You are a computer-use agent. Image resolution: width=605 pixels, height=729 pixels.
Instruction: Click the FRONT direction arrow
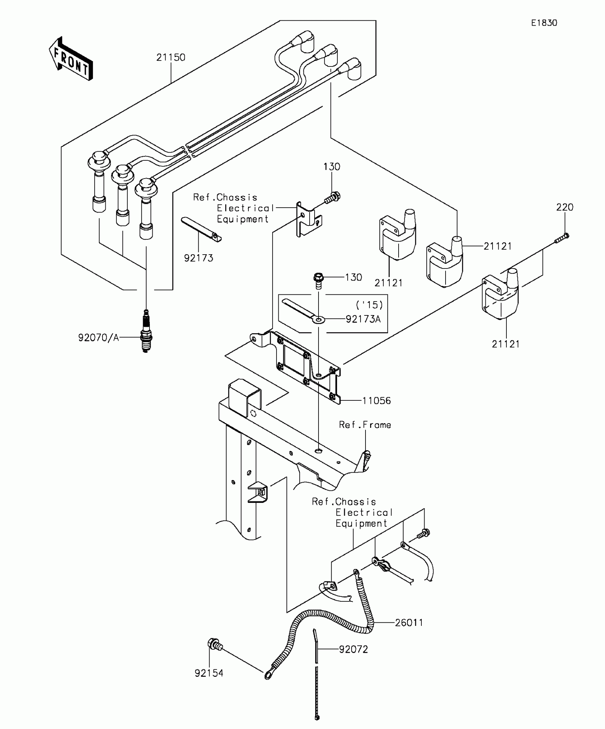coord(71,59)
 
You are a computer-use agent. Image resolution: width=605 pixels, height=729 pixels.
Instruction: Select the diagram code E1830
coord(544,23)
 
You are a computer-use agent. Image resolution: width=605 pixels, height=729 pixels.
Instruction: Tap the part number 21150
coord(171,58)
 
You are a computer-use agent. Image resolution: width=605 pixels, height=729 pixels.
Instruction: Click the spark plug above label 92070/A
coord(146,331)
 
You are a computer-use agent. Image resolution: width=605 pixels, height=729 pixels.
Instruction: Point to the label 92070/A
coord(99,338)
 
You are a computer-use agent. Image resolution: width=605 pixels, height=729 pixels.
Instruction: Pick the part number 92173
coord(199,258)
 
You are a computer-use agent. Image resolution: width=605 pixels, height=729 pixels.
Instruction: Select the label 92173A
coord(363,319)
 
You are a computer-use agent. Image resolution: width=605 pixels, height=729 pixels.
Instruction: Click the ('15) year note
coord(369,305)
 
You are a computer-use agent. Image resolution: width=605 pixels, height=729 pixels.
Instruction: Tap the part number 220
coord(565,207)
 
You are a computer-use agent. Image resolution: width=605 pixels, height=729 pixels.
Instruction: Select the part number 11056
coord(377,401)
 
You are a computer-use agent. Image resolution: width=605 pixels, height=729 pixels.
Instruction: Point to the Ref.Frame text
coord(365,425)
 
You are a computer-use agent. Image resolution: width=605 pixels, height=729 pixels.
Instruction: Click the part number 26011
coord(409,623)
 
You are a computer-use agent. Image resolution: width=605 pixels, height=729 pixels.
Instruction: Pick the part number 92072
coord(353,649)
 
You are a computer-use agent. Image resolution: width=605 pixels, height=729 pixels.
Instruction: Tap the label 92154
coord(209,673)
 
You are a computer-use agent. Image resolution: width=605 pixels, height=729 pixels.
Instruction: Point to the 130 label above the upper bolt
coord(332,167)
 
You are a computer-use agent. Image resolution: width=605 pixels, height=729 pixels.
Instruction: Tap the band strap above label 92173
coord(201,229)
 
